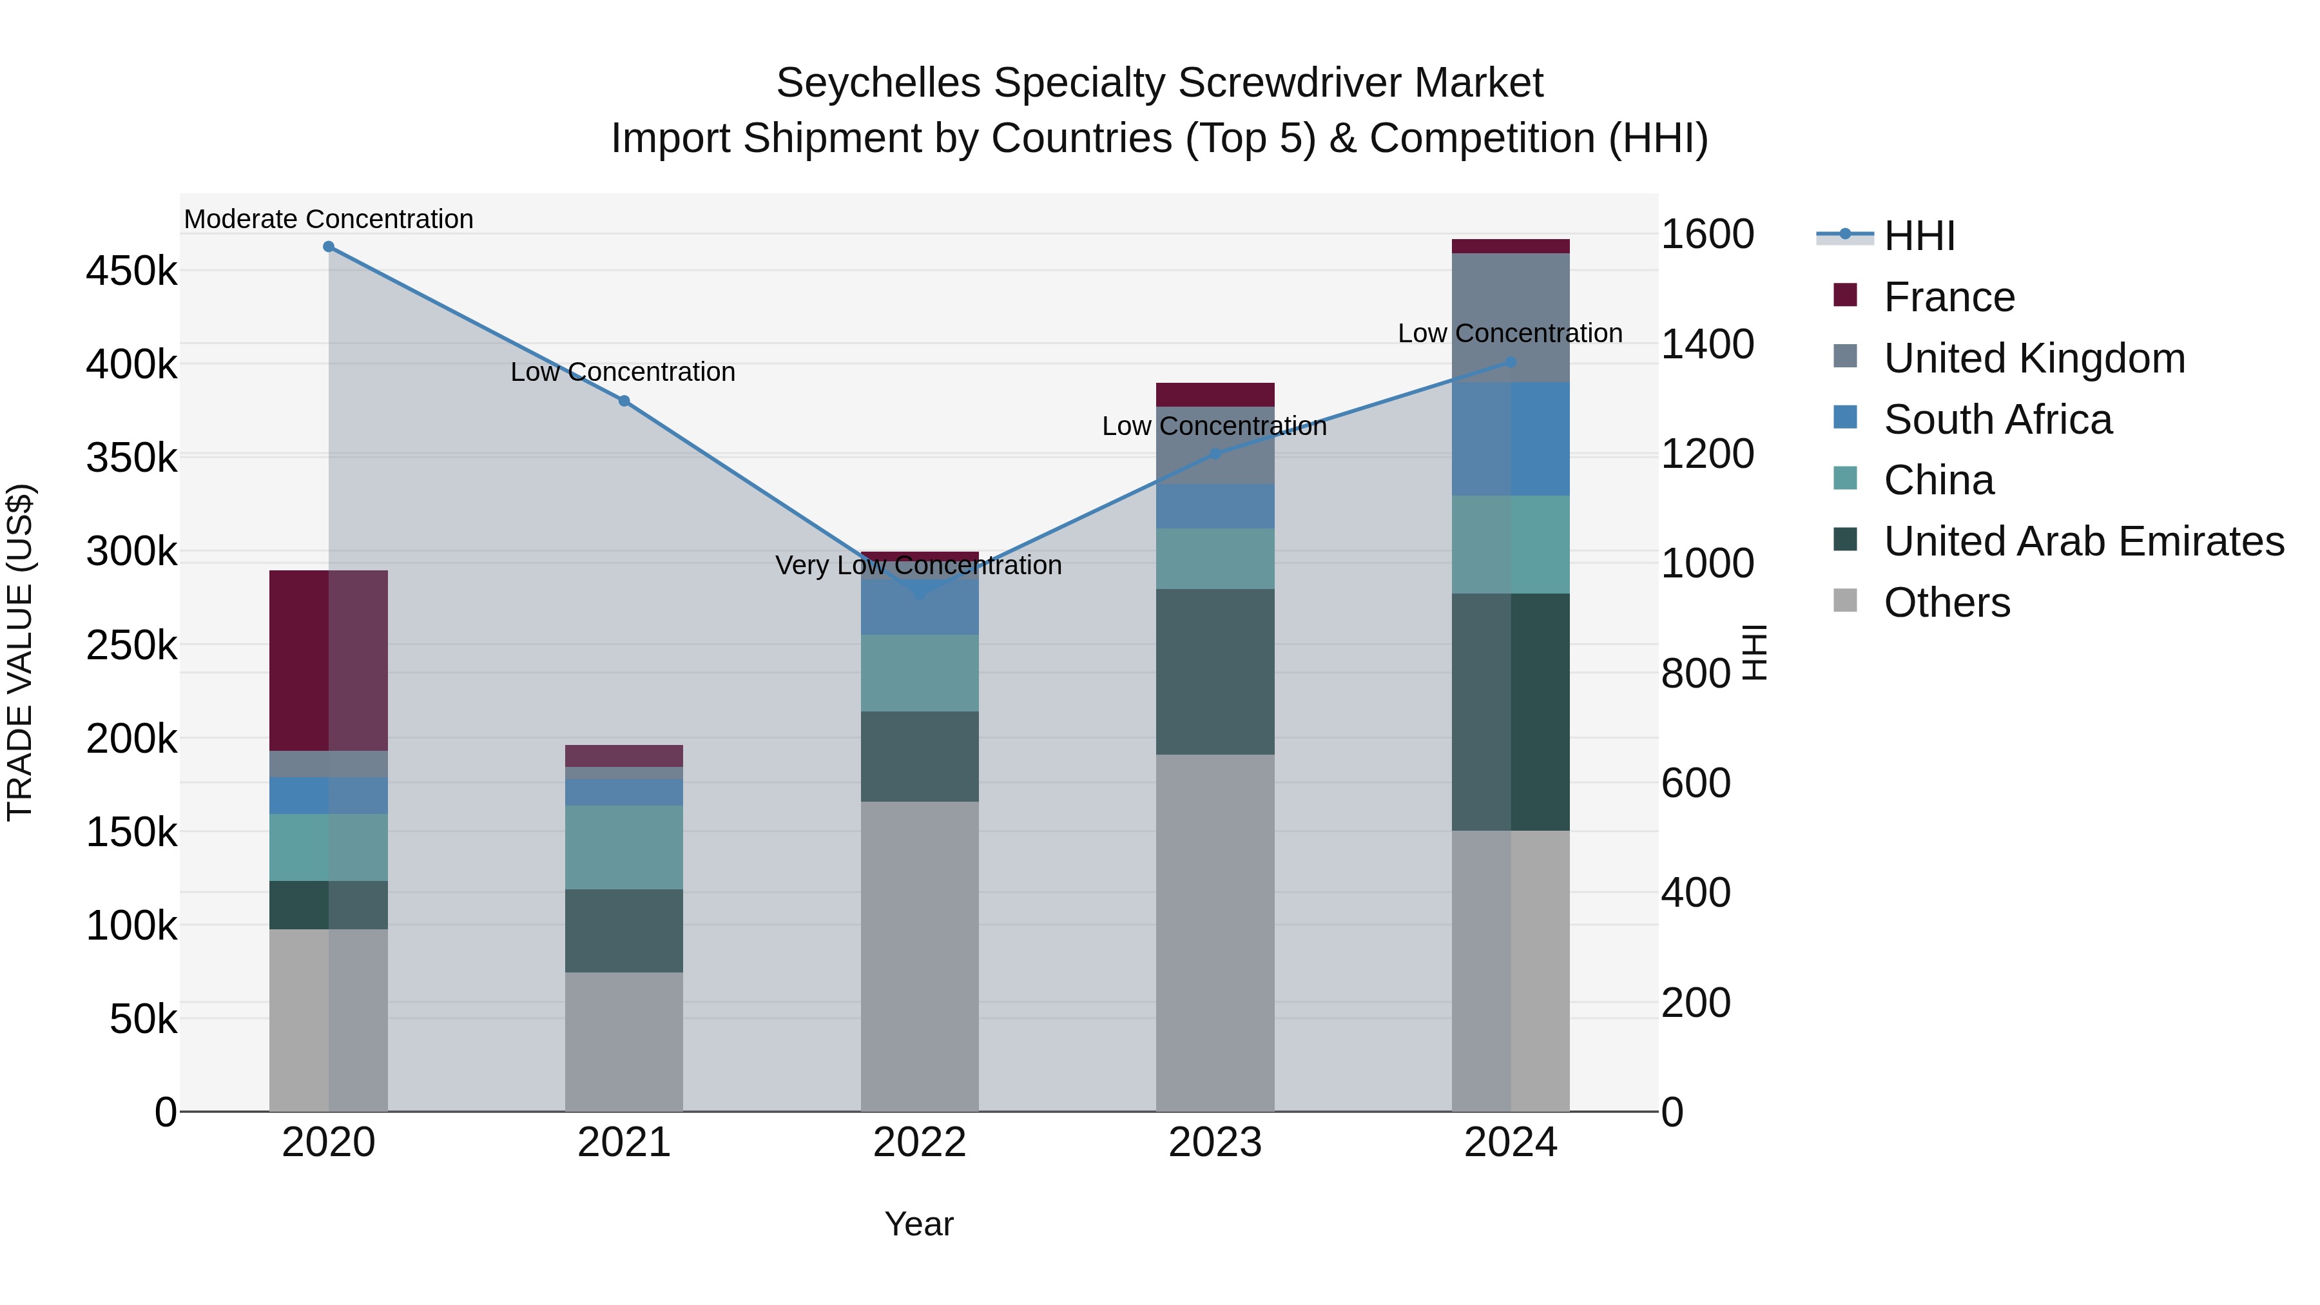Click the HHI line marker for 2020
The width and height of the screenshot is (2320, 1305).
(329, 247)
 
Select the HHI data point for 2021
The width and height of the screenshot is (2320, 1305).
(624, 401)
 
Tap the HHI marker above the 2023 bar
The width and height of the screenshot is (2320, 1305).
(1215, 454)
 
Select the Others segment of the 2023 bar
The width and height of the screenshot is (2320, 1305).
(1215, 932)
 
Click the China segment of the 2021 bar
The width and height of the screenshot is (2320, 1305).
(624, 847)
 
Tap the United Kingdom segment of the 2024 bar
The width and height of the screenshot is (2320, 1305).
(1511, 317)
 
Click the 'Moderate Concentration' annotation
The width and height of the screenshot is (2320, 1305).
(329, 220)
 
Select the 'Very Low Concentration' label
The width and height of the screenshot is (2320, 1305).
(918, 566)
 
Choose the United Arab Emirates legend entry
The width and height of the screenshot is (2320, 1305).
(2083, 542)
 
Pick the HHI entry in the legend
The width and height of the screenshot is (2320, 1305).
(1919, 236)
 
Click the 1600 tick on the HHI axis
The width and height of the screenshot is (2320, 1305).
(1706, 235)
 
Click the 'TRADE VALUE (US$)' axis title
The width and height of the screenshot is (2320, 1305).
(21, 653)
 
